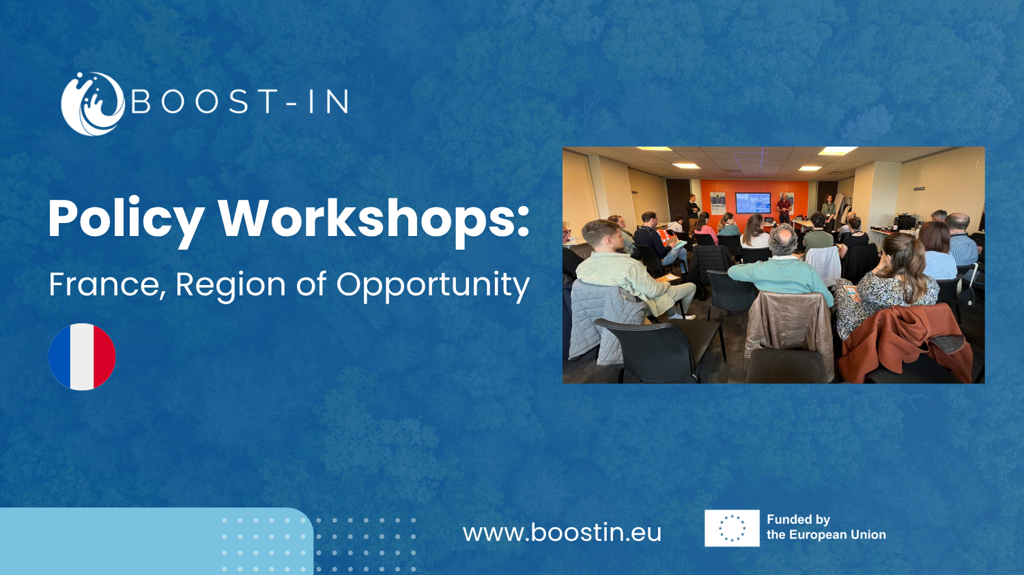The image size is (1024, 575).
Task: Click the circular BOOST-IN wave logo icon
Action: click(93, 104)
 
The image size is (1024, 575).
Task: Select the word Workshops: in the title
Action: click(373, 218)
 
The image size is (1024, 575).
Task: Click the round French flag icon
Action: click(83, 357)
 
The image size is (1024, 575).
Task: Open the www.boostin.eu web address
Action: click(562, 533)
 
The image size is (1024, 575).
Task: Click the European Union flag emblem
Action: click(732, 528)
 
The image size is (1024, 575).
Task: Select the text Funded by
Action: click(798, 520)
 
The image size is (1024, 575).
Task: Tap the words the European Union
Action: click(826, 535)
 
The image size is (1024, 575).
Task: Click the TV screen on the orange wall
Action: click(753, 203)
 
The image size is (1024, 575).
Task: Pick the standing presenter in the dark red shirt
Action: click(784, 208)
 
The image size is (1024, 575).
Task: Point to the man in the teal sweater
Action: click(781, 265)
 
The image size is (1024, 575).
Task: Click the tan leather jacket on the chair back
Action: click(790, 328)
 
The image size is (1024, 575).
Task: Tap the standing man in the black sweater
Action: click(693, 209)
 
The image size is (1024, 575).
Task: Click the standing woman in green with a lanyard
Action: click(828, 209)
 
